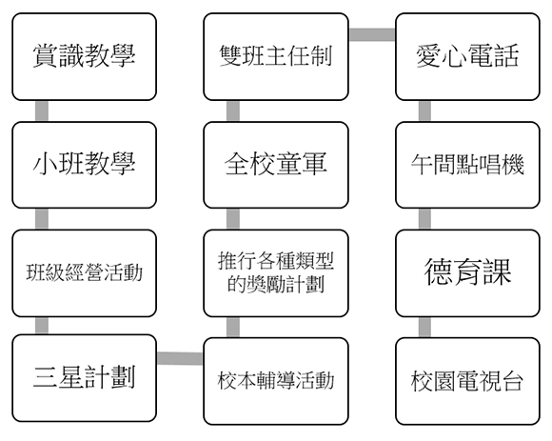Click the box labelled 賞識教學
[x=84, y=57]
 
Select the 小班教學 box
[x=84, y=165]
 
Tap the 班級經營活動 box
[x=84, y=273]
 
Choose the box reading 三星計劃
[x=84, y=378]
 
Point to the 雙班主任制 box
[x=276, y=57]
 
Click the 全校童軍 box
[x=276, y=165]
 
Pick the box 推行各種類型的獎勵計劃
[x=276, y=273]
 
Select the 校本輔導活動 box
[x=276, y=381]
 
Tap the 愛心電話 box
[x=467, y=57]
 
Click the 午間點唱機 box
[x=467, y=165]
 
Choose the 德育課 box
[x=467, y=273]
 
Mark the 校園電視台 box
[x=467, y=381]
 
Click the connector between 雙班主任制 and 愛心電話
[x=372, y=34]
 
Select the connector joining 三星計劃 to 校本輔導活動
[x=180, y=358]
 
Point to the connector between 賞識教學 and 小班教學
[x=42, y=111]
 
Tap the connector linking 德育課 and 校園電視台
[x=424, y=328]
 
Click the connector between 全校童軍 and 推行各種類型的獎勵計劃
[x=233, y=219]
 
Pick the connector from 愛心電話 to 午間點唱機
[x=424, y=111]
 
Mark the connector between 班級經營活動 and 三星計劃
[x=42, y=326]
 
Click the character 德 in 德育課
[x=439, y=271]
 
